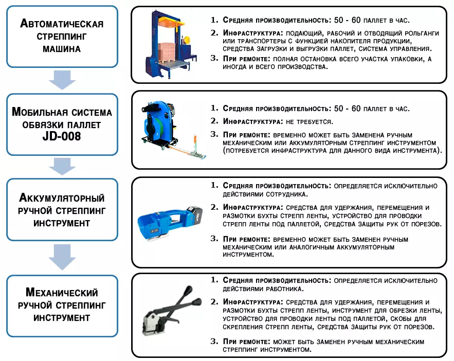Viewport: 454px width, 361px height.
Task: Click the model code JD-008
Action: pos(62,136)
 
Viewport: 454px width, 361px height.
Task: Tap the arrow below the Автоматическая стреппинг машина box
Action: pos(62,80)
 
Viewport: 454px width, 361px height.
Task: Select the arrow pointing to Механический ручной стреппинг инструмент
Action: pos(62,257)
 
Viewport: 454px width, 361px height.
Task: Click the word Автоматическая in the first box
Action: pos(62,24)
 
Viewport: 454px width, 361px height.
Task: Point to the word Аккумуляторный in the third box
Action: pos(62,197)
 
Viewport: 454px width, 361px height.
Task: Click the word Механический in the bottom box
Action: pos(62,293)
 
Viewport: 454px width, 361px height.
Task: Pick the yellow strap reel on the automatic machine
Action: pos(187,39)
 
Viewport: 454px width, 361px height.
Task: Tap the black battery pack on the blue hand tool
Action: pos(194,215)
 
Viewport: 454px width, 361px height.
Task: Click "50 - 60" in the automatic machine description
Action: pos(347,20)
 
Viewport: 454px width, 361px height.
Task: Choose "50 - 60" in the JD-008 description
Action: pos(347,109)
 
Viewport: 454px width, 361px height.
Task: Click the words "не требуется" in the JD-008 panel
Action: pos(309,122)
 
